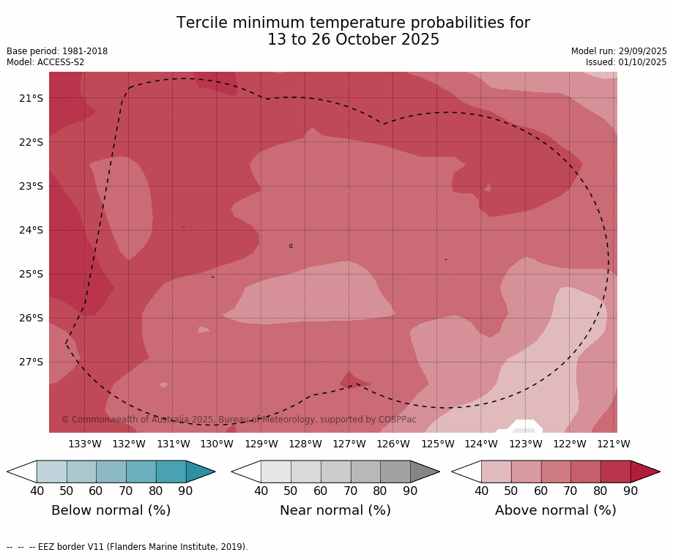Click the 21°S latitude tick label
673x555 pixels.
(x=30, y=98)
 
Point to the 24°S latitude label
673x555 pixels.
(x=30, y=230)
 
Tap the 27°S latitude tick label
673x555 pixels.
(x=30, y=362)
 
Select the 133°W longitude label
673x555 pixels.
(x=85, y=444)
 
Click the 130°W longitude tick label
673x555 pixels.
(x=217, y=444)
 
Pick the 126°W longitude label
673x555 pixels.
(x=393, y=444)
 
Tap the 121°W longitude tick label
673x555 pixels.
(x=614, y=444)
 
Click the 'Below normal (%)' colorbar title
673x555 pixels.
(x=111, y=510)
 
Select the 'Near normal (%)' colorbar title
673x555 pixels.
(x=335, y=510)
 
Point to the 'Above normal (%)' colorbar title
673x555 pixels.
(x=555, y=510)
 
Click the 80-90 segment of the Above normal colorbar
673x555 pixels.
(x=615, y=472)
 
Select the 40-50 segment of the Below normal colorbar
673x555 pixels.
(x=51, y=472)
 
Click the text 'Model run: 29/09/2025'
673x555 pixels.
(x=619, y=51)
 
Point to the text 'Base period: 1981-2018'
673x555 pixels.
(x=57, y=51)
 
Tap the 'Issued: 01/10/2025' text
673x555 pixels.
(x=626, y=62)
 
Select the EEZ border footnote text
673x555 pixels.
(x=127, y=547)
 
